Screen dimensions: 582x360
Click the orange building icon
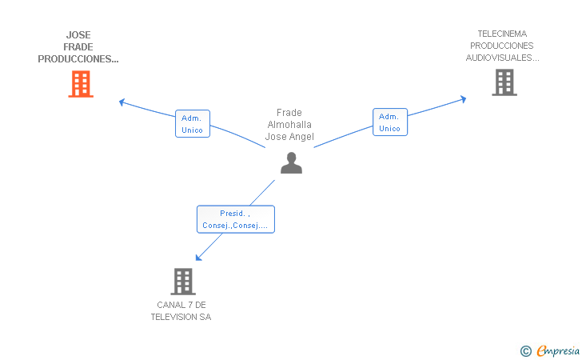click(x=81, y=84)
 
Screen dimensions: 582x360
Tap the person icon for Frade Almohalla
click(x=291, y=162)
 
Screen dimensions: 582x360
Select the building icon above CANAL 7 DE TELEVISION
click(x=183, y=282)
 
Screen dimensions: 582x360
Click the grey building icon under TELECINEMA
click(x=504, y=82)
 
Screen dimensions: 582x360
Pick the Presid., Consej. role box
click(x=236, y=219)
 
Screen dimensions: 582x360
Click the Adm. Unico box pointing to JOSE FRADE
click(x=193, y=124)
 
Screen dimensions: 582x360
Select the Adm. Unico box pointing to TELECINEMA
click(x=390, y=122)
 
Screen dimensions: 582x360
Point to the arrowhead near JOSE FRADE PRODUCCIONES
click(x=122, y=102)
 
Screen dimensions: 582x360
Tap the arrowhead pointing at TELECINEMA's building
click(x=463, y=99)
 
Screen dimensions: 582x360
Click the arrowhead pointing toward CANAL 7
click(x=198, y=258)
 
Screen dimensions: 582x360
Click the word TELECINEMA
click(x=502, y=34)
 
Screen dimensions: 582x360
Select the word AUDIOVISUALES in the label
click(x=500, y=58)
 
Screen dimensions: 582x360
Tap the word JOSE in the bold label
click(x=78, y=35)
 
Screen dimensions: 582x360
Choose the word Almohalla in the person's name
click(x=289, y=125)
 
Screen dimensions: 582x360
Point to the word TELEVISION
click(x=174, y=318)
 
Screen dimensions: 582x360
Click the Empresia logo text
click(x=558, y=351)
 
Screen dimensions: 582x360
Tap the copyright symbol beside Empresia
click(x=526, y=351)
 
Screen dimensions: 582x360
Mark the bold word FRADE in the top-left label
click(x=78, y=47)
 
